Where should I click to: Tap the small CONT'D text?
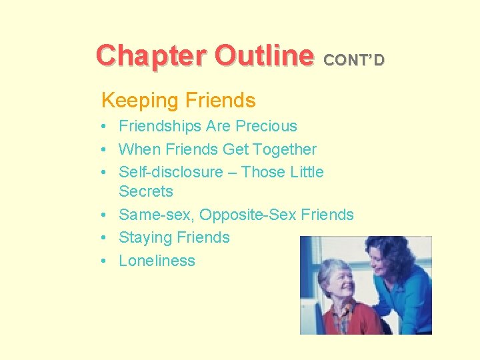click(354, 61)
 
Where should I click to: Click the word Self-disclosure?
click(171, 172)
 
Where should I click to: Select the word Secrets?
click(145, 191)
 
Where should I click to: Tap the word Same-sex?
click(156, 215)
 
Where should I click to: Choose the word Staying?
click(145, 238)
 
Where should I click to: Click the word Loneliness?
click(157, 261)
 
